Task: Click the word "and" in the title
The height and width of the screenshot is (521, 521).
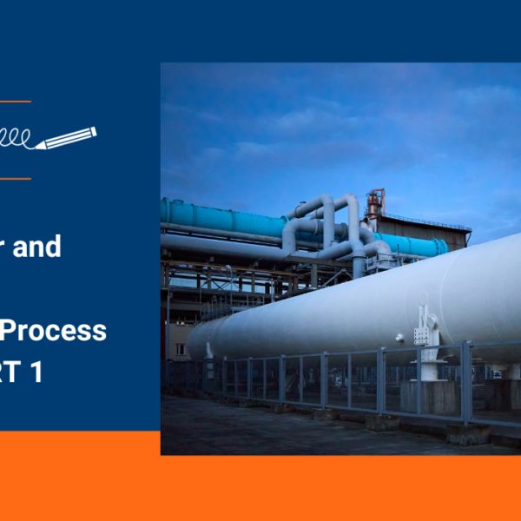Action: coord(42,247)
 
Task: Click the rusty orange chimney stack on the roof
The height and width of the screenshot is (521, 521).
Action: coord(375,205)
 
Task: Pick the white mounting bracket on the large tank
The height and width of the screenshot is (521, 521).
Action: coord(426,331)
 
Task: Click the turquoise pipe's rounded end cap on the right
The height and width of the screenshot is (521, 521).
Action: coord(440,246)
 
